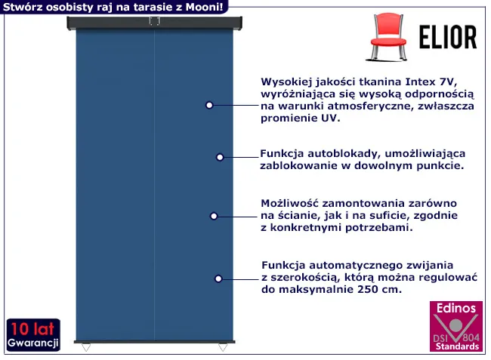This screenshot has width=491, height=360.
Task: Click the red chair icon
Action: (x=388, y=36)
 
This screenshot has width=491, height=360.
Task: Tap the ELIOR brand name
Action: (x=448, y=37)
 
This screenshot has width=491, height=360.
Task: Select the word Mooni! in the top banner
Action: (x=205, y=7)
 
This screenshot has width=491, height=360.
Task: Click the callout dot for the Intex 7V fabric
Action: (x=209, y=105)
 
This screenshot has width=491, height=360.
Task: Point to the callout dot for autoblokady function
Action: (x=220, y=157)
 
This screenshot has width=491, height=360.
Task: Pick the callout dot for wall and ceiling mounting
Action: (x=214, y=216)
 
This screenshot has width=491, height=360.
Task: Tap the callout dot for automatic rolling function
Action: (x=218, y=278)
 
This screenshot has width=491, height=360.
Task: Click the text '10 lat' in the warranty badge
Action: (x=32, y=329)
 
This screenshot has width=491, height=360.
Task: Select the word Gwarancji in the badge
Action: (x=33, y=343)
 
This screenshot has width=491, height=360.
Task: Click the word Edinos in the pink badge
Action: (x=456, y=309)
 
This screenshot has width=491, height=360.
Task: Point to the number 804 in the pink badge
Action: (x=471, y=337)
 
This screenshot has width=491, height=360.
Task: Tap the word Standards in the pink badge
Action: (x=457, y=346)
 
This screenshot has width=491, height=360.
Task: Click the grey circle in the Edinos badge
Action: (x=456, y=325)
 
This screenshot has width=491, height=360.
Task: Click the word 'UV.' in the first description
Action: (x=330, y=118)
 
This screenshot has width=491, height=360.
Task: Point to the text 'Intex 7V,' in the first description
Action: (x=431, y=82)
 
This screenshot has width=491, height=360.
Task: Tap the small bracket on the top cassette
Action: (x=154, y=21)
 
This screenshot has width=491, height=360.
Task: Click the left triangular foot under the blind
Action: (x=86, y=347)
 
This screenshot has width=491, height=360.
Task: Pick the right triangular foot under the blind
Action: (x=223, y=347)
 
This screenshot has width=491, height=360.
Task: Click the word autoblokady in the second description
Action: (x=344, y=154)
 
